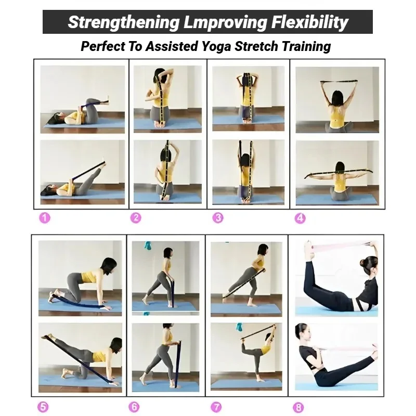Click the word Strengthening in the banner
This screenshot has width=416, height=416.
coord(124,22)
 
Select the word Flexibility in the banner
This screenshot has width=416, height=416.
coord(309,22)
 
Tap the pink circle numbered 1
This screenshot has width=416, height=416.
coord(45,218)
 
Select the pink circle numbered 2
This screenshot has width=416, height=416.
coord(136,218)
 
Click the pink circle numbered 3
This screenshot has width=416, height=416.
coord(218,218)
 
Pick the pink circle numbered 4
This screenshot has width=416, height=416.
coord(300,218)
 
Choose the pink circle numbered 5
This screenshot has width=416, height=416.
coord(43,407)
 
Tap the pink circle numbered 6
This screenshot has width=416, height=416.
coord(134,407)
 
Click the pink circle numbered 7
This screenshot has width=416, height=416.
coord(216,407)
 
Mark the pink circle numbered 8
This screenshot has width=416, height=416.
coord(298,408)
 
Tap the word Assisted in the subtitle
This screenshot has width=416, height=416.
coord(172,46)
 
